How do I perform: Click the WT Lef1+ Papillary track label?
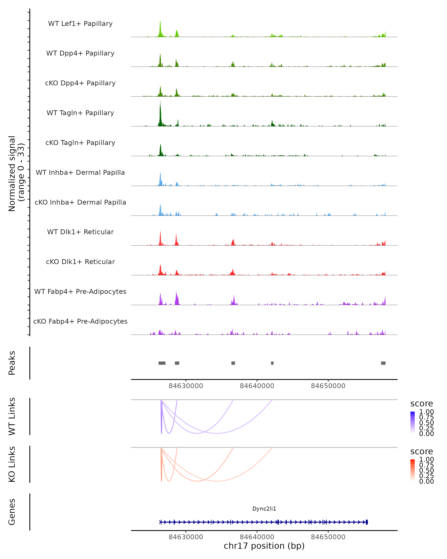click(x=80, y=24)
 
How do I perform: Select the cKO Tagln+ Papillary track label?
click(x=80, y=143)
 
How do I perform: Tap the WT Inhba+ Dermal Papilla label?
click(x=80, y=172)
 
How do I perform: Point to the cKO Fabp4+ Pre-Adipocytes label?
click(x=80, y=321)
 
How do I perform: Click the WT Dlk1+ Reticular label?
click(x=80, y=232)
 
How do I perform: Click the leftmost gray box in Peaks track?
click(x=162, y=363)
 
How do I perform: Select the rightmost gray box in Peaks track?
click(x=383, y=363)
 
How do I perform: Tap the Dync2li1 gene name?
click(x=264, y=509)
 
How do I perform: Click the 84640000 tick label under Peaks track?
click(x=257, y=386)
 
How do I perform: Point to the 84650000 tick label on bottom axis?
click(x=328, y=537)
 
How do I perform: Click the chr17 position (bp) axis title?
click(x=264, y=546)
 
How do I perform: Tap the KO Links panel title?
click(x=12, y=464)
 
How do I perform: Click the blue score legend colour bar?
click(x=413, y=422)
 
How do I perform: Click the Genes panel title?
click(x=12, y=512)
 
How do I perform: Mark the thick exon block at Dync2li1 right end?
click(x=367, y=522)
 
